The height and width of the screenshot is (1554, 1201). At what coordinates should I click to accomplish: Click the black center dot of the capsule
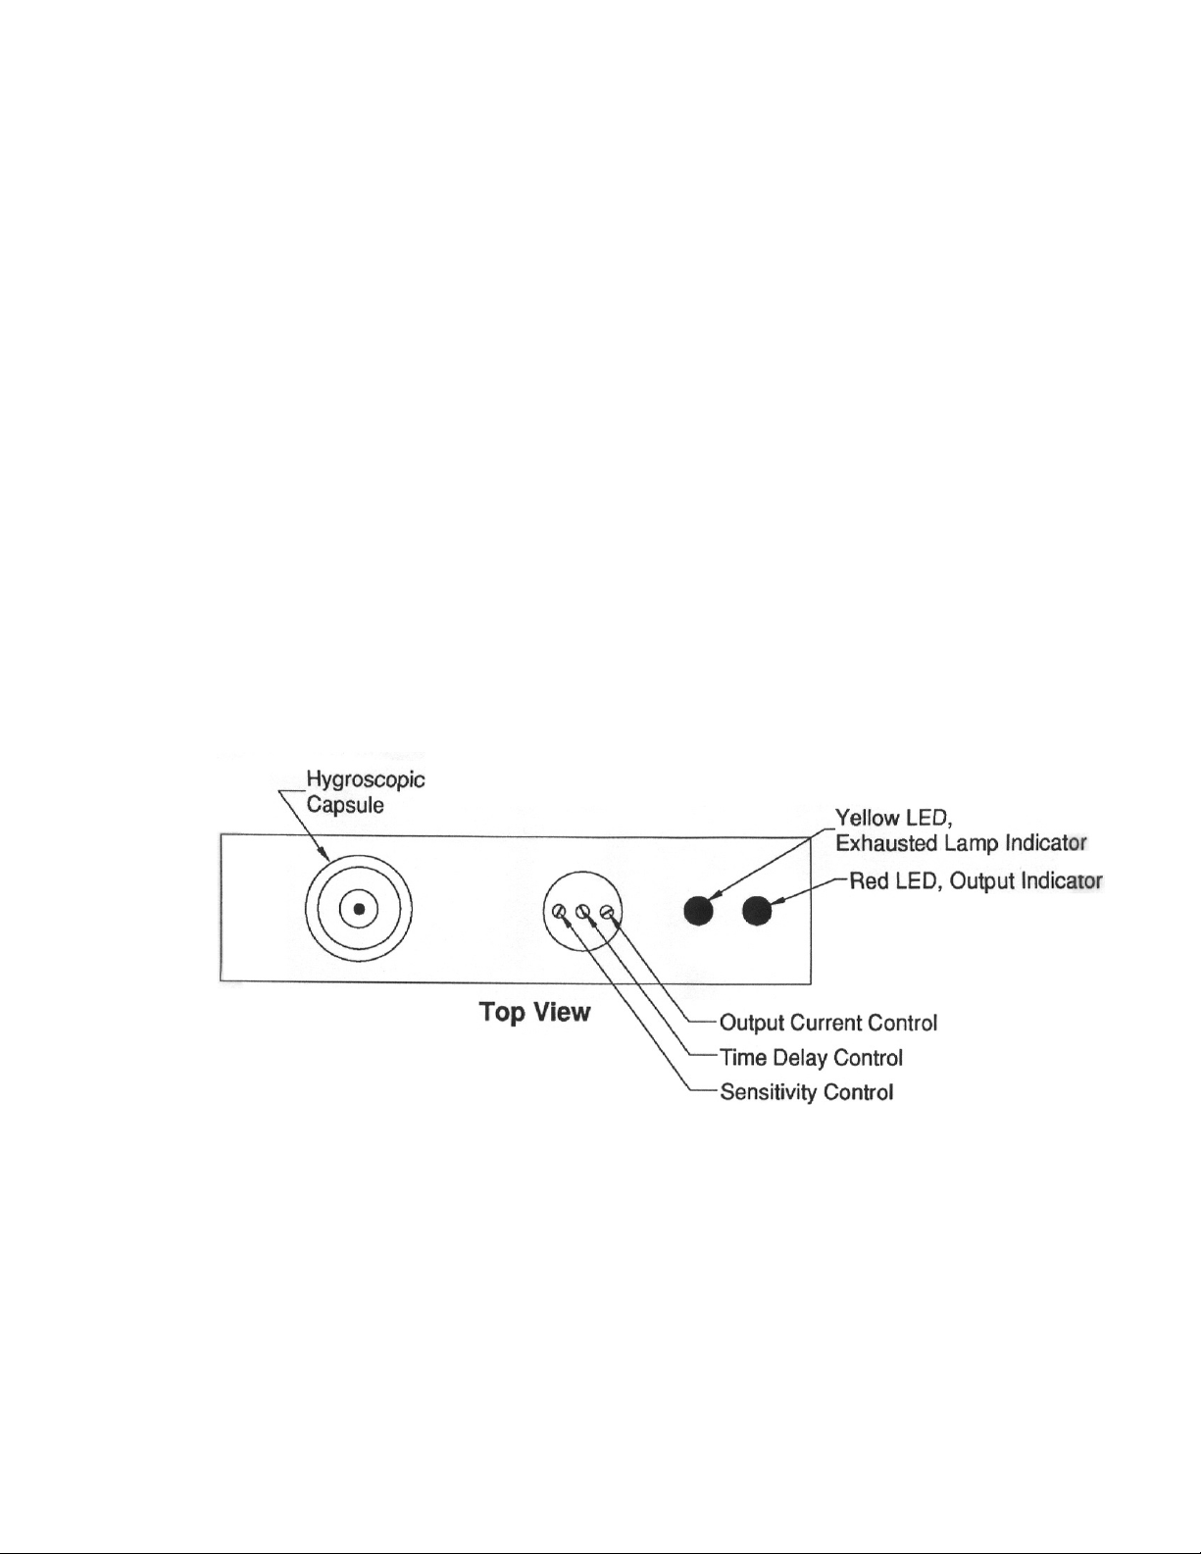click(x=359, y=910)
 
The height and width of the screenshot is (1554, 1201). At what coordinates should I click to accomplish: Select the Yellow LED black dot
click(x=698, y=911)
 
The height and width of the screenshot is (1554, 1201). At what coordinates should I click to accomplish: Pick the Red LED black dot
click(x=758, y=911)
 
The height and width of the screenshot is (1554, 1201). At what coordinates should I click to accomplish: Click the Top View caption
click(x=534, y=1012)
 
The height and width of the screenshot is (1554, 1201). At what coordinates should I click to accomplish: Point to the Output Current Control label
click(x=828, y=1024)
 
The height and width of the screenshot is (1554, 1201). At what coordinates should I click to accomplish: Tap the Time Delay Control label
click(x=811, y=1058)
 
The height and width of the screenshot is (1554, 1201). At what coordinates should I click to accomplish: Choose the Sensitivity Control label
click(x=806, y=1092)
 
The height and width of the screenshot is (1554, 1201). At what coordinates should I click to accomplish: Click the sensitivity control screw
click(x=559, y=913)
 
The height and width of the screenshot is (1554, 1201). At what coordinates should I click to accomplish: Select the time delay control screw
click(x=582, y=913)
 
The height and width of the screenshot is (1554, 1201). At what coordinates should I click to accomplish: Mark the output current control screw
click(x=606, y=913)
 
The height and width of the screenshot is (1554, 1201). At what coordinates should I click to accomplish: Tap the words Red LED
click(x=892, y=881)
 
